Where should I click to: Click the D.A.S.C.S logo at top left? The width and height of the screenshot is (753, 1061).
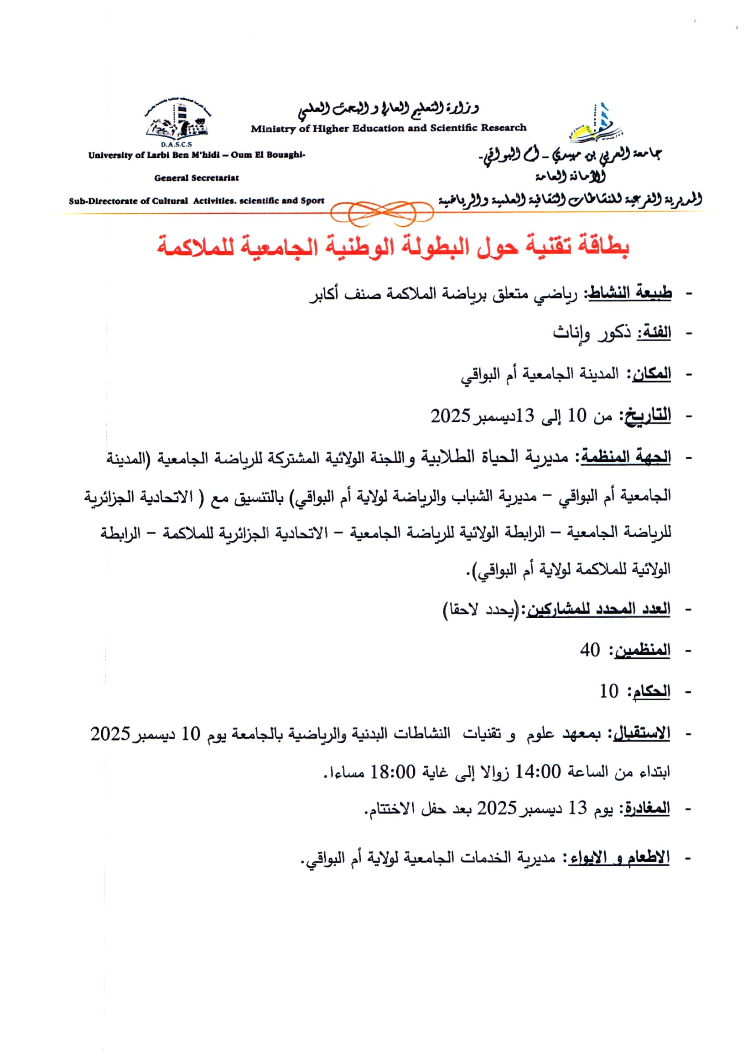pos(177,123)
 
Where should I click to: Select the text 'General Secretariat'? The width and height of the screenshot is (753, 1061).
pos(197,178)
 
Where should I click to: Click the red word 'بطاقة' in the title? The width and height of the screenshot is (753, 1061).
pos(604,248)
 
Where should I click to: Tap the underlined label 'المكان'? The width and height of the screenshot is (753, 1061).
pos(649,373)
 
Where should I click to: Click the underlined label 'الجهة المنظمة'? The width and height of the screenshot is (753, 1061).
pos(626,456)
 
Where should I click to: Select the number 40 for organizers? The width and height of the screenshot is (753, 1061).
pos(590,650)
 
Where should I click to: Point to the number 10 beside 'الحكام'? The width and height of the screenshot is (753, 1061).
pos(609,691)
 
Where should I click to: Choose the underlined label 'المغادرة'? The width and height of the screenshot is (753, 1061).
pos(647,808)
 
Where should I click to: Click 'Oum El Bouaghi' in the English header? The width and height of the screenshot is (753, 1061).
pos(268,155)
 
